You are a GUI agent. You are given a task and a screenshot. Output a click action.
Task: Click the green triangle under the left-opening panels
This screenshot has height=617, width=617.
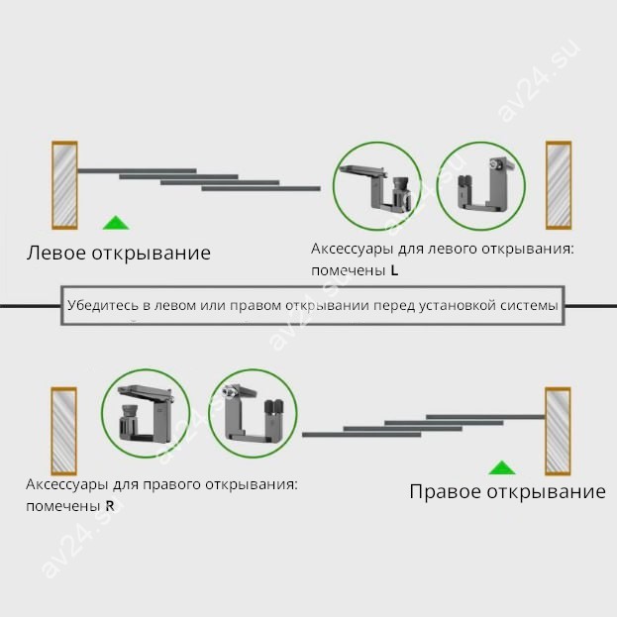click(x=117, y=223)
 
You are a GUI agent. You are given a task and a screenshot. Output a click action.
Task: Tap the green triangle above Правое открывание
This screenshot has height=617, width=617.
click(x=502, y=467)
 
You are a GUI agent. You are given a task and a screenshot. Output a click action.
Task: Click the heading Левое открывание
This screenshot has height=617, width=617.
click(x=119, y=253)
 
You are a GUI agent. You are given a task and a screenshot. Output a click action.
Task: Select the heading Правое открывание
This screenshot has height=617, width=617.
click(x=507, y=492)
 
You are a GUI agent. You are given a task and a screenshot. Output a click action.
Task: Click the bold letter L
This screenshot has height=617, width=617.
click(x=395, y=269)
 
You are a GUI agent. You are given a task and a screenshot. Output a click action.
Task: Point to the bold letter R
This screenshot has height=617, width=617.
click(x=109, y=506)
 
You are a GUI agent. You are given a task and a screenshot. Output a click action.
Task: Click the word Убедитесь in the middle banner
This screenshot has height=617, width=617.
click(x=103, y=306)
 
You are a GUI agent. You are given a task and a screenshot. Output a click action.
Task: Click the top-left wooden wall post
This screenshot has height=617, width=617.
click(x=64, y=185)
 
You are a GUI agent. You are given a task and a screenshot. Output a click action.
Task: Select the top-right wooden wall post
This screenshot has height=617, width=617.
click(x=559, y=185)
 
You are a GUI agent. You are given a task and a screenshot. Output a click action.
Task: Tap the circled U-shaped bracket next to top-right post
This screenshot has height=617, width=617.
click(x=479, y=186)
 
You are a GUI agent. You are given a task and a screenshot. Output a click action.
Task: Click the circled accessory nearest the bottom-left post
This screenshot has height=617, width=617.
click(x=147, y=414)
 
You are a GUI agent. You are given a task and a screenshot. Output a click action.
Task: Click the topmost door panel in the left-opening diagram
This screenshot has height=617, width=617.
click(x=136, y=171)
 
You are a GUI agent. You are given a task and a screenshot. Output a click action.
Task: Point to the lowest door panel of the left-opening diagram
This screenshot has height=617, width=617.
click(x=260, y=188)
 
